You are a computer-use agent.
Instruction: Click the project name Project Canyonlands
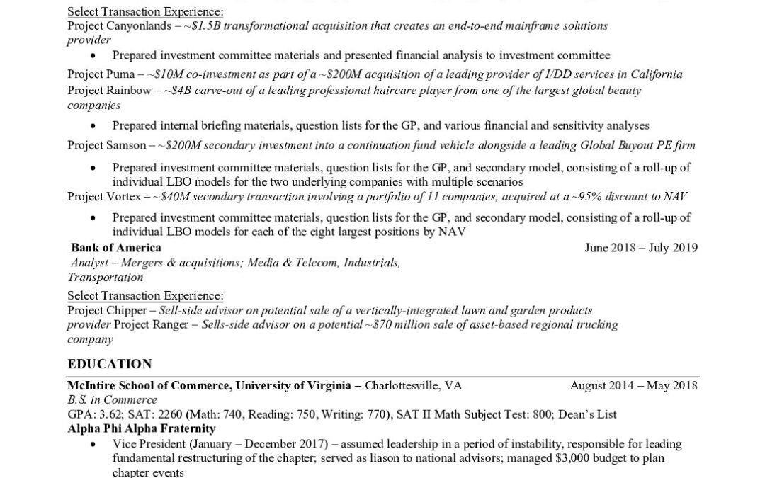(113, 25)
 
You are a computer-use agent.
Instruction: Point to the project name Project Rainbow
(108, 91)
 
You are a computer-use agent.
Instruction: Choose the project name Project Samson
(107, 145)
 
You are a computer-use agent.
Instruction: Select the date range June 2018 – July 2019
(641, 248)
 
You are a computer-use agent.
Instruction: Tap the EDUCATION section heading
(110, 364)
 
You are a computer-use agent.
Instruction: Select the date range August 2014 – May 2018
(633, 386)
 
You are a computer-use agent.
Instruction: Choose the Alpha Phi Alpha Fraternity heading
(142, 428)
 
